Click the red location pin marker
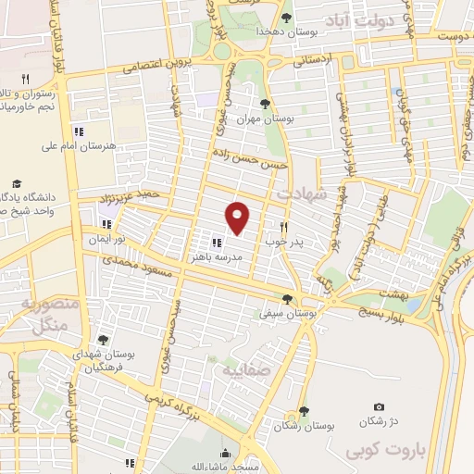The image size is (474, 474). point(239,218)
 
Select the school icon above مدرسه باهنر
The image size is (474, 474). point(217,243)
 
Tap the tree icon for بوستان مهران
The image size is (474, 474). point(266,104)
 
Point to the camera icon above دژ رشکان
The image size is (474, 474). point(379,407)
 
